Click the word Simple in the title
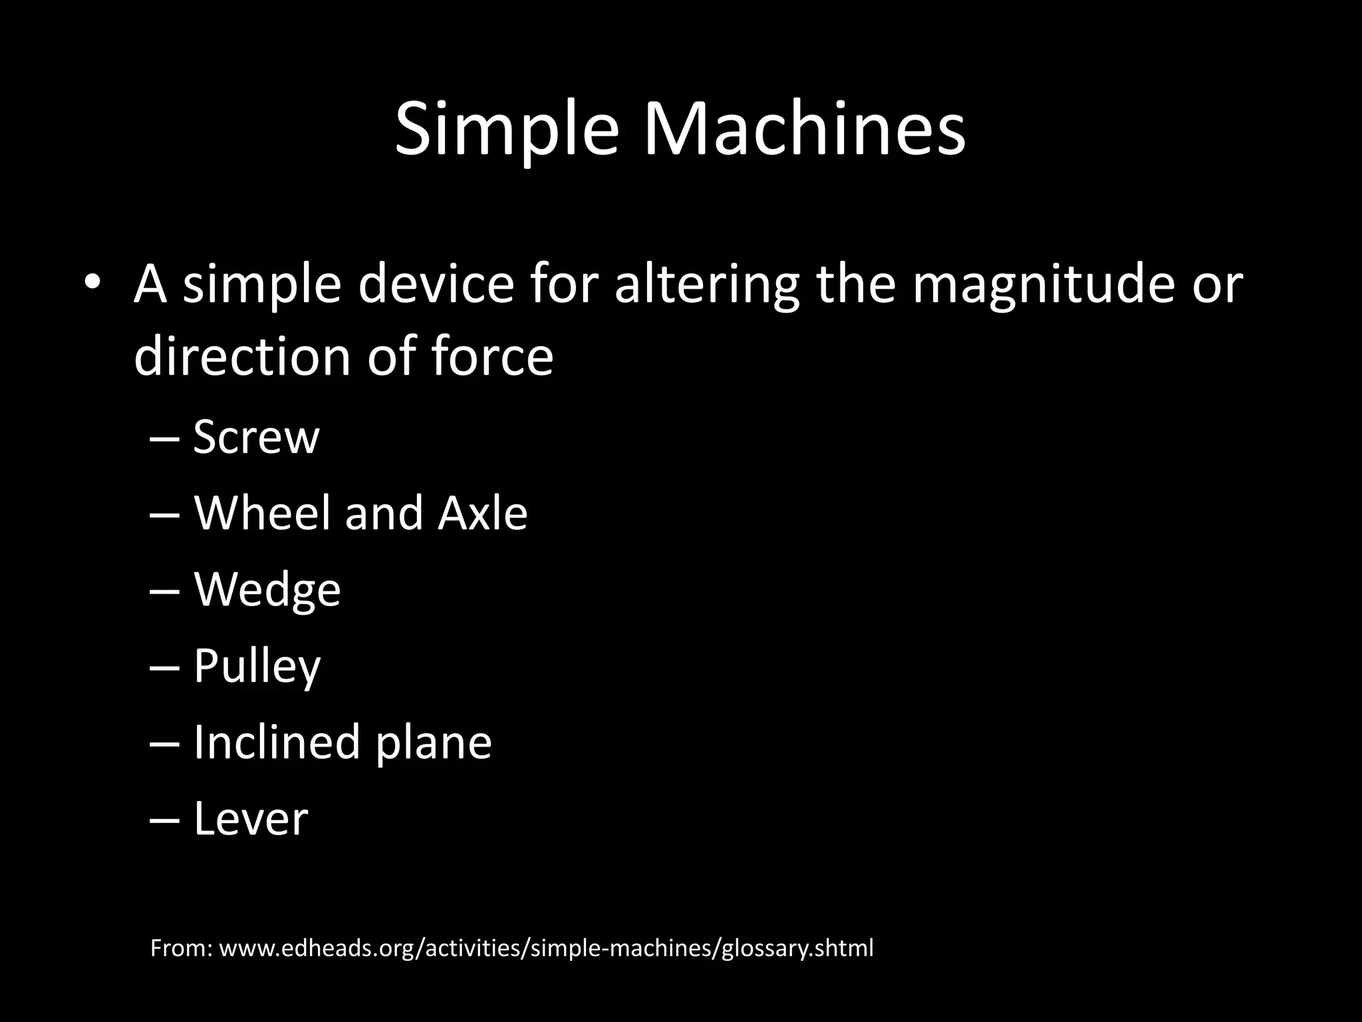pyautogui.click(x=505, y=130)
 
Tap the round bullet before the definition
pyautogui.click(x=92, y=282)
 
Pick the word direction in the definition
pyautogui.click(x=242, y=357)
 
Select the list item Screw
pyautogui.click(x=256, y=438)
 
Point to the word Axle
pyautogui.click(x=483, y=514)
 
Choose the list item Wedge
pyautogui.click(x=267, y=591)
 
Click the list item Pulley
pyautogui.click(x=257, y=667)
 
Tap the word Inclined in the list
pyautogui.click(x=277, y=743)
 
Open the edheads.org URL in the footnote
pyautogui.click(x=545, y=948)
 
